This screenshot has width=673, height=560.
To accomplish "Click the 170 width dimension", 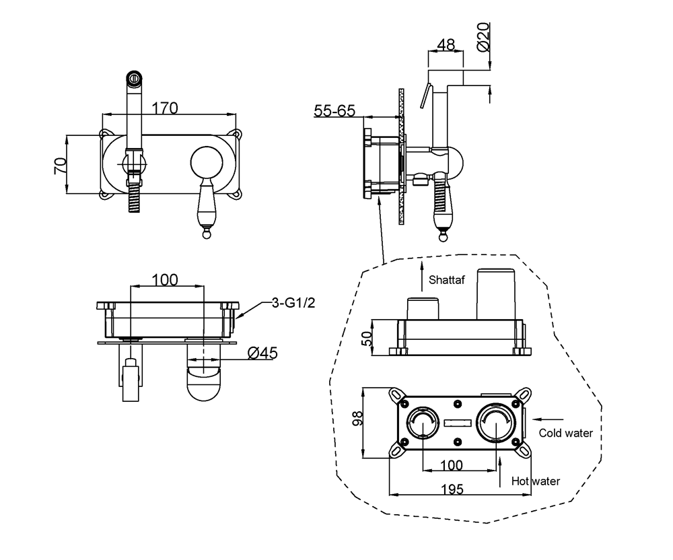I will [x=165, y=107].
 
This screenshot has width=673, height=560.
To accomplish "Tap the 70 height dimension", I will [x=61, y=166].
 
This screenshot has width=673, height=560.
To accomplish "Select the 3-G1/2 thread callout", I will [x=293, y=303].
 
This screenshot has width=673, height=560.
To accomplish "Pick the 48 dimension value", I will [x=446, y=44].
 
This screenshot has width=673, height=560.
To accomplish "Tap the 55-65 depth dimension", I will [x=334, y=110].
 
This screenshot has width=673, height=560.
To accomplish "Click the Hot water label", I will [x=536, y=481].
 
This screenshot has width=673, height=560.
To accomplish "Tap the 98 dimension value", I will [x=358, y=419].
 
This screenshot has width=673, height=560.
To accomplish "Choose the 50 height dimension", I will [x=367, y=338].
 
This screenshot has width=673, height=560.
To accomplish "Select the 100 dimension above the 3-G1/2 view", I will [x=165, y=279].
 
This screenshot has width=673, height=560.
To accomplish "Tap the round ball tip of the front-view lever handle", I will [x=205, y=233].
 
